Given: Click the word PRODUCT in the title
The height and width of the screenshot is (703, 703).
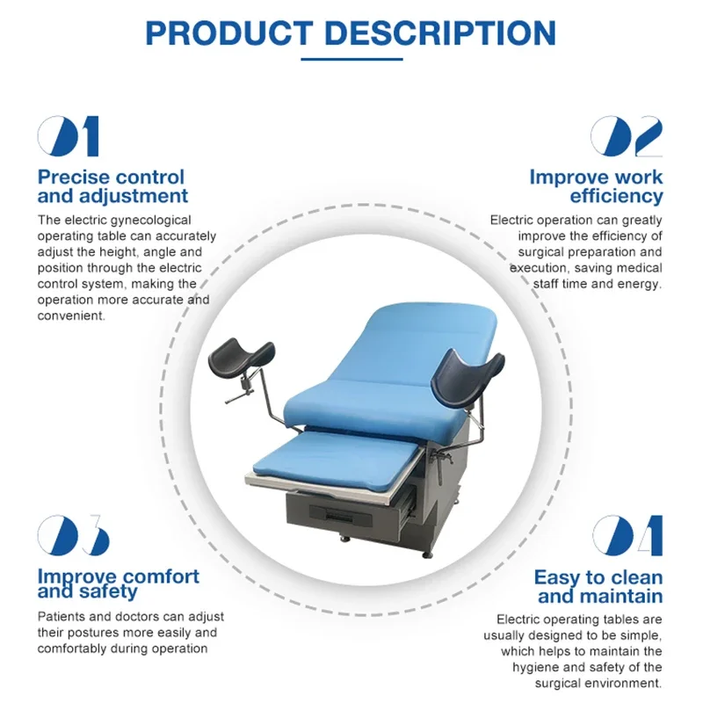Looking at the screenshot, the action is pyautogui.click(x=229, y=33).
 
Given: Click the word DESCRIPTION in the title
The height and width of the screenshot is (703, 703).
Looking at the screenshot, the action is pyautogui.click(x=440, y=33).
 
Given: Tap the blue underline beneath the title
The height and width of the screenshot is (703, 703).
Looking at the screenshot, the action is pyautogui.click(x=352, y=59).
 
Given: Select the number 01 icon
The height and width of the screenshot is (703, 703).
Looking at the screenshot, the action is pyautogui.click(x=69, y=136).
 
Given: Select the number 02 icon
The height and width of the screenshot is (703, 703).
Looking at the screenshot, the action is pyautogui.click(x=627, y=136).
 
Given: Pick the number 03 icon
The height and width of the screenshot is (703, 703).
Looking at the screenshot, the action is pyautogui.click(x=74, y=535).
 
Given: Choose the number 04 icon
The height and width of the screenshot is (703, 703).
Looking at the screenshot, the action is pyautogui.click(x=627, y=535).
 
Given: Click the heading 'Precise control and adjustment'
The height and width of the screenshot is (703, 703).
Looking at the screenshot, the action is pyautogui.click(x=112, y=186).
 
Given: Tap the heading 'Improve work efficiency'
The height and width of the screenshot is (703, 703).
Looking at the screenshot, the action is pyautogui.click(x=596, y=186).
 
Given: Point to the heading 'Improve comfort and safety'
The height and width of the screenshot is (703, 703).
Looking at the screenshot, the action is pyautogui.click(x=119, y=583).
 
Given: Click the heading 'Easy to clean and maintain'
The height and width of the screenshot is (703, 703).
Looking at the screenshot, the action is pyautogui.click(x=598, y=586).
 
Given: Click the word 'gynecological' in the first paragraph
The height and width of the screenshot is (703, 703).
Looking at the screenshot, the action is pyautogui.click(x=150, y=221).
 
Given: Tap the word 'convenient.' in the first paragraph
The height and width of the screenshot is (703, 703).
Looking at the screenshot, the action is pyautogui.click(x=71, y=315).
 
